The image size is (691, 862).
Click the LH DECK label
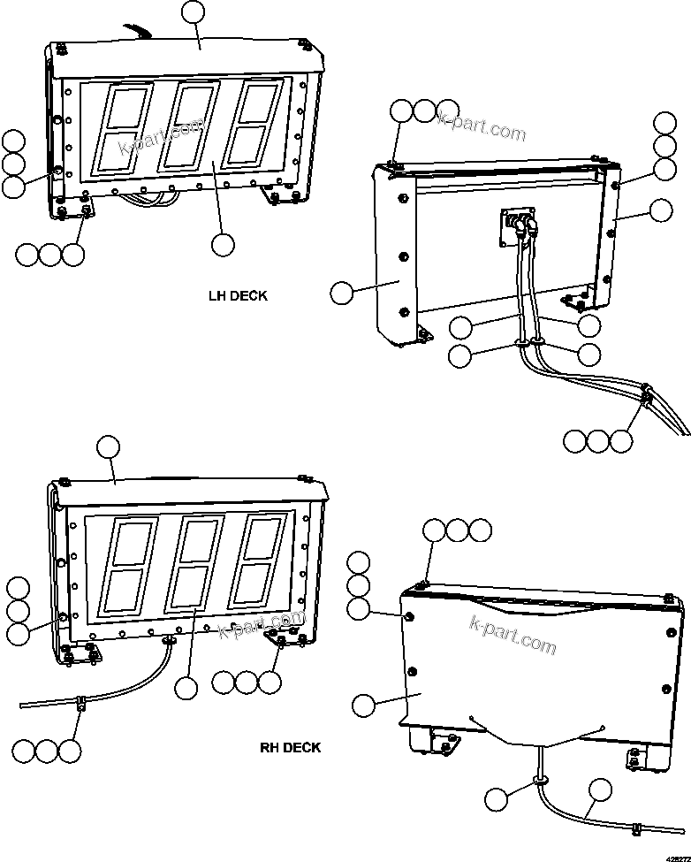(x=237, y=296)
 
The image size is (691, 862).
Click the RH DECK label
(x=290, y=747)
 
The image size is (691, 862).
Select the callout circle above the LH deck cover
(x=192, y=12)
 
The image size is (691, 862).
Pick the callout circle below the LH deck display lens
(x=223, y=243)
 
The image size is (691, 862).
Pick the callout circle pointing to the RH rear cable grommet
(x=497, y=798)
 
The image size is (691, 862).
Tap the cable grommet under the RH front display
(x=168, y=639)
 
